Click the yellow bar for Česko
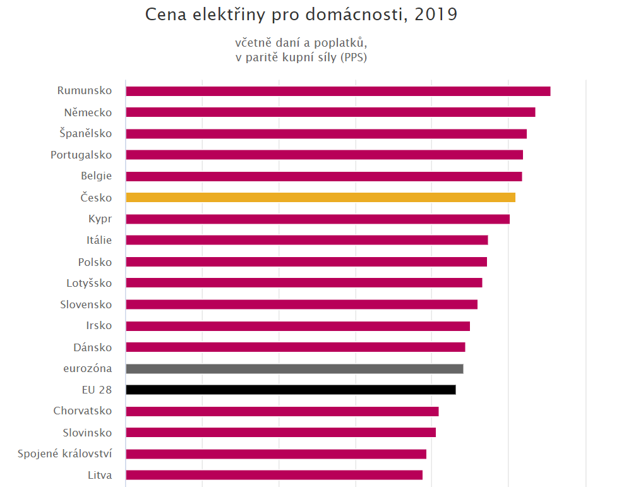point(320,198)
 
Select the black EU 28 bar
point(291,390)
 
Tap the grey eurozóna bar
point(294,369)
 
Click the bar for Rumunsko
point(338,91)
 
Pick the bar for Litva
point(274,475)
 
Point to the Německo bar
point(330,112)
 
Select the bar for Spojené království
point(276,454)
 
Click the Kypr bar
point(318,219)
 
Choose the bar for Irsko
point(297,326)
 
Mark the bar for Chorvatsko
point(282,411)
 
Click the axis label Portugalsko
point(81,155)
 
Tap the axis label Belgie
point(97,176)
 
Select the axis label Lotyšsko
point(89,283)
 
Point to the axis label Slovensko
point(86,304)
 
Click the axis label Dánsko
point(93,347)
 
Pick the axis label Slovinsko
point(87,433)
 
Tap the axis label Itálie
point(99,240)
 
